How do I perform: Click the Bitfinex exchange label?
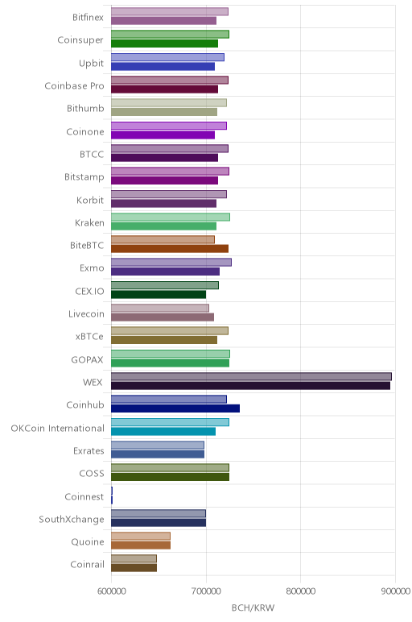pyautogui.click(x=88, y=18)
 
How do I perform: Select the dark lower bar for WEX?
pyautogui.click(x=250, y=386)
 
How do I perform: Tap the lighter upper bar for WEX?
pyautogui.click(x=251, y=376)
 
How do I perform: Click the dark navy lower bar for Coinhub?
pyautogui.click(x=175, y=408)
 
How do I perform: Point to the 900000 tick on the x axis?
pyautogui.click(x=395, y=591)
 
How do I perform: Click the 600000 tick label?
pyautogui.click(x=112, y=591)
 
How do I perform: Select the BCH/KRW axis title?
pyautogui.click(x=253, y=607)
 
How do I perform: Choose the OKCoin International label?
pyautogui.click(x=57, y=429)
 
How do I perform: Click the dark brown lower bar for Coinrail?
pyautogui.click(x=134, y=568)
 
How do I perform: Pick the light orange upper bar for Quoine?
pyautogui.click(x=141, y=536)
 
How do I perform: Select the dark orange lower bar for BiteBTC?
pyautogui.click(x=170, y=249)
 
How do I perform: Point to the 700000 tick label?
pyautogui.click(x=206, y=591)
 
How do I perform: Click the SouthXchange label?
pyautogui.click(x=72, y=519)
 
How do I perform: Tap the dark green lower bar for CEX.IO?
pyautogui.click(x=159, y=294)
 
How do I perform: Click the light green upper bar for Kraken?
pyautogui.click(x=171, y=217)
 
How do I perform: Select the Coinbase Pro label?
pyautogui.click(x=75, y=85)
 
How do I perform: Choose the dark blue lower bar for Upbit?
pyautogui.click(x=163, y=66)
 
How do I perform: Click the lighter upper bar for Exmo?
pyautogui.click(x=171, y=263)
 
